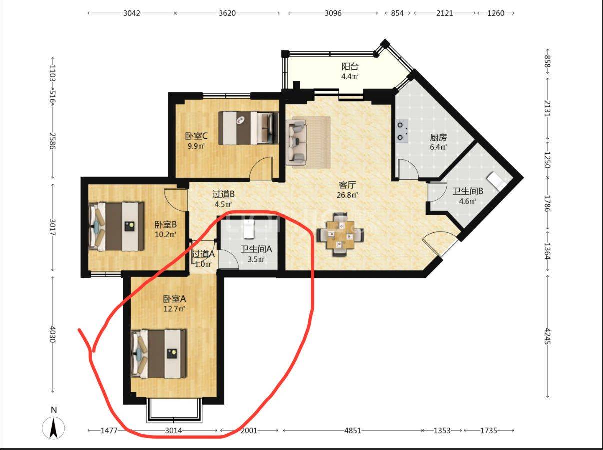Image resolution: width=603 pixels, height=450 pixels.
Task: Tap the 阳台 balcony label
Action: click(x=350, y=66)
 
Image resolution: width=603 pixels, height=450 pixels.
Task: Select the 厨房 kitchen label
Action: click(x=438, y=137)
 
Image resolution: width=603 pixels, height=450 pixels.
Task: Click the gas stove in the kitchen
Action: click(x=402, y=131)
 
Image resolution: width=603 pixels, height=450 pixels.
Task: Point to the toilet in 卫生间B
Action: click(x=496, y=181)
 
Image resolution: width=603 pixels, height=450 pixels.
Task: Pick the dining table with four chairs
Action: click(x=340, y=234)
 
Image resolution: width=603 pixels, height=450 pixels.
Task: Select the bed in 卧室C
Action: click(x=248, y=128)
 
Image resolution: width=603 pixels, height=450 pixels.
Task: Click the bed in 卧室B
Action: click(x=116, y=226)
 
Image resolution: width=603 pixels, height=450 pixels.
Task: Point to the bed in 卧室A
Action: click(x=159, y=354)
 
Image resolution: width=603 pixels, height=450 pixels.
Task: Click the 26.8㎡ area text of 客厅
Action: click(x=347, y=195)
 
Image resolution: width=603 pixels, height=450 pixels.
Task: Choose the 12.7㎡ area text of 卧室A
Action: click(x=174, y=309)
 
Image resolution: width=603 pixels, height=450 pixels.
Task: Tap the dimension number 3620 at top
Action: click(x=227, y=13)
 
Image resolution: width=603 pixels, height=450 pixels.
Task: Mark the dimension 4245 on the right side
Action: click(x=547, y=336)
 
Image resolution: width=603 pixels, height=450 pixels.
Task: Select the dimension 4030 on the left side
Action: click(x=52, y=334)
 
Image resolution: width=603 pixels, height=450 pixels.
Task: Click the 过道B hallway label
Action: click(x=223, y=194)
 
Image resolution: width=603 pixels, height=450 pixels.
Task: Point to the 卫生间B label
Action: click(x=468, y=191)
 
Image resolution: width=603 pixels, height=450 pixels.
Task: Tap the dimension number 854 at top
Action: click(x=397, y=13)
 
